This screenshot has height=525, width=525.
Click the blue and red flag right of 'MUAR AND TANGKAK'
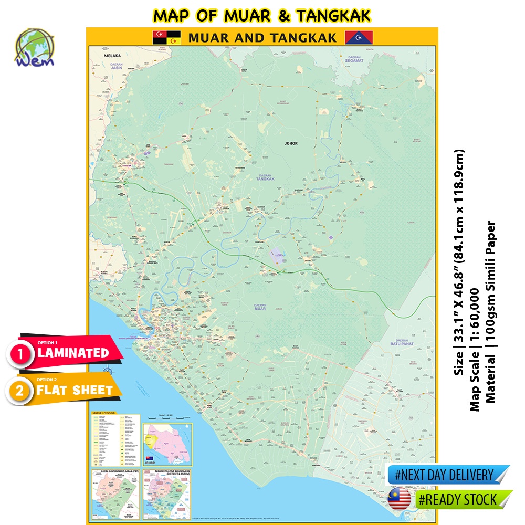(x=355, y=37)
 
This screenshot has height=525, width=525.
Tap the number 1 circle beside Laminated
(x=20, y=354)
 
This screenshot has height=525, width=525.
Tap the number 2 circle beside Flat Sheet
(x=20, y=391)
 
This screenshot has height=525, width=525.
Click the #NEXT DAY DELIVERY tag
(x=446, y=476)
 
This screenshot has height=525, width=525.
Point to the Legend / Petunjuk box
(x=115, y=440)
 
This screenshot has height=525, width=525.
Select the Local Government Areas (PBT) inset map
(x=115, y=493)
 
